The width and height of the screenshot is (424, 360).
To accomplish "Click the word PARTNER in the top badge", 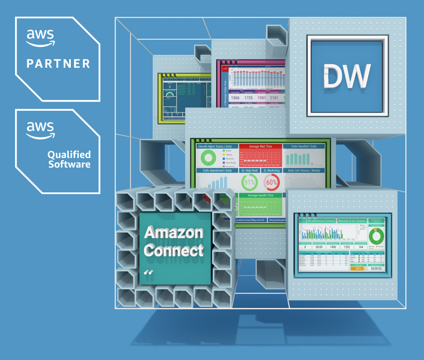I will (x=58, y=63).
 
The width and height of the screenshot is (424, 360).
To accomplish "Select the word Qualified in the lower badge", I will (x=69, y=154).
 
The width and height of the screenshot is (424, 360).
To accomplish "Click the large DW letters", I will (x=347, y=76).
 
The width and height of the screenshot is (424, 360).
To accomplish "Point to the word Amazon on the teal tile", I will (x=173, y=233).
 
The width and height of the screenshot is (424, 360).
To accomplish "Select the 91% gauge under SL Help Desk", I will (x=250, y=182).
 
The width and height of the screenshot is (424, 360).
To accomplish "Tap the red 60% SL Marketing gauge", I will (x=272, y=182).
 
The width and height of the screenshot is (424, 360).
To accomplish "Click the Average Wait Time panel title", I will (x=260, y=146).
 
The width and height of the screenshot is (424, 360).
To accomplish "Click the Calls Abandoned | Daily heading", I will (x=215, y=170).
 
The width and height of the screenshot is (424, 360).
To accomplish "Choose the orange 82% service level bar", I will (x=358, y=268).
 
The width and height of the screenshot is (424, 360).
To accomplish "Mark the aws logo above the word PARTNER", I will (x=41, y=36).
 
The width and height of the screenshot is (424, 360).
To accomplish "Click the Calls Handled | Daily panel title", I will (x=304, y=146).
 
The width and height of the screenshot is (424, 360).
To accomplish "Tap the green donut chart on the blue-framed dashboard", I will (x=376, y=235).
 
